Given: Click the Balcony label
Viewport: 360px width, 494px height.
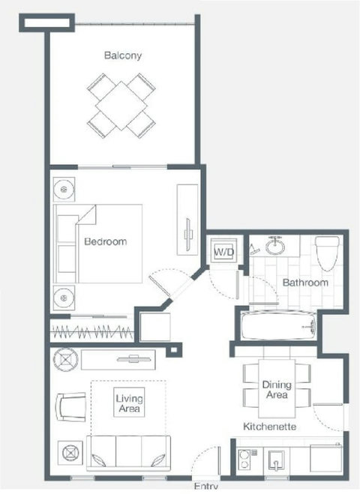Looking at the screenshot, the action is coord(123,55).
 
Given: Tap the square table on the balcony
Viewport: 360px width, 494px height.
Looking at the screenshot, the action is coord(121,106).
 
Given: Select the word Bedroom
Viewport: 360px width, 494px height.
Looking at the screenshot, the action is coord(106,241).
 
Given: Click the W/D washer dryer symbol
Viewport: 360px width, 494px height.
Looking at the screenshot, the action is coord(224,251).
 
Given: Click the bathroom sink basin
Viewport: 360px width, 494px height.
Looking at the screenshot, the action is coord(275,247).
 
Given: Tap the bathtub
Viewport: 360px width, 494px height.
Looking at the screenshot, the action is coord(279,326).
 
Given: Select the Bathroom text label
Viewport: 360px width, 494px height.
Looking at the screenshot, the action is coord(305,283).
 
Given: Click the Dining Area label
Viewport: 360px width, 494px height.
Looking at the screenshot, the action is coord(277,389).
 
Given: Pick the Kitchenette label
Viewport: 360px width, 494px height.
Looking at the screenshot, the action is coord(269,427).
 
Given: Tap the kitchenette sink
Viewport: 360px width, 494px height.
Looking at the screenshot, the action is coord(277,460).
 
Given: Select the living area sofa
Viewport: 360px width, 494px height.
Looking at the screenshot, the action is coord(128,453).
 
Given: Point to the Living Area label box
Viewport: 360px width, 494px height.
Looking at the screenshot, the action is coord(129,403).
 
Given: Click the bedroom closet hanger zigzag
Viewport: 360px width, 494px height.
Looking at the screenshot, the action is coord(92,331).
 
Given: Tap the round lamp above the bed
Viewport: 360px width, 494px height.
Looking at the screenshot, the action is coord(64,190).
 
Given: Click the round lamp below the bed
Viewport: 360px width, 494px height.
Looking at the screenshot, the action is coord(64,298).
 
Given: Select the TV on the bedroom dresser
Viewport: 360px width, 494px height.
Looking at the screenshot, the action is coord(189,235).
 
